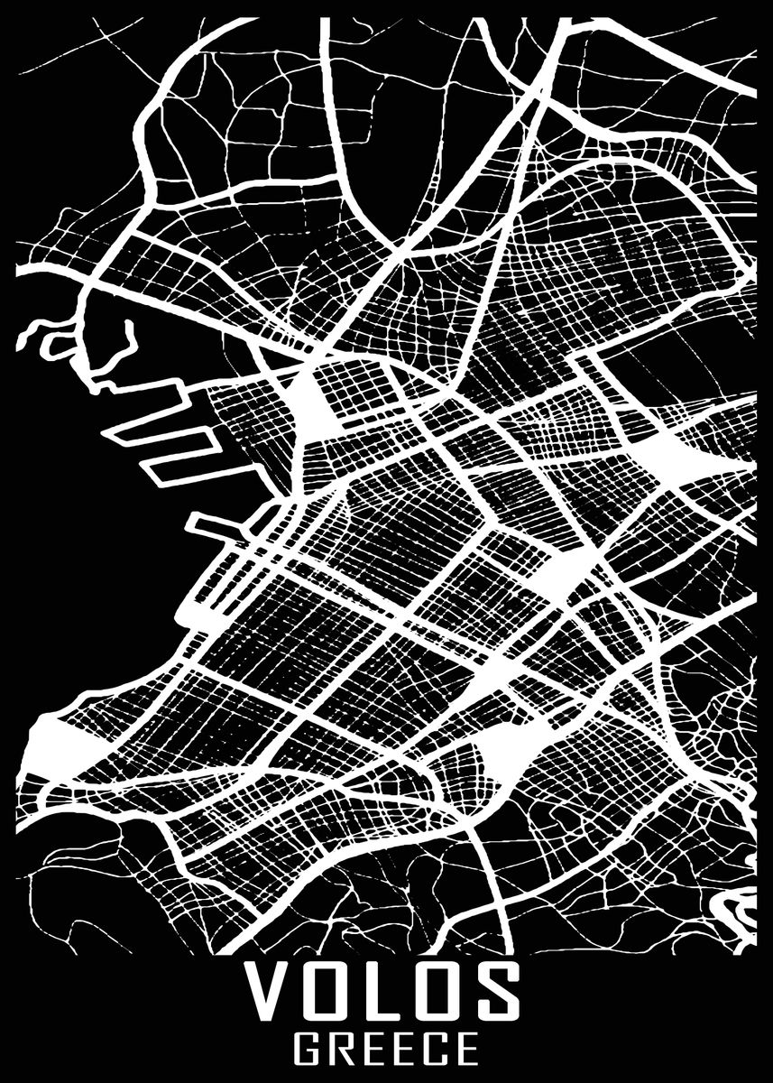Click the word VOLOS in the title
tap(386, 990)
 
